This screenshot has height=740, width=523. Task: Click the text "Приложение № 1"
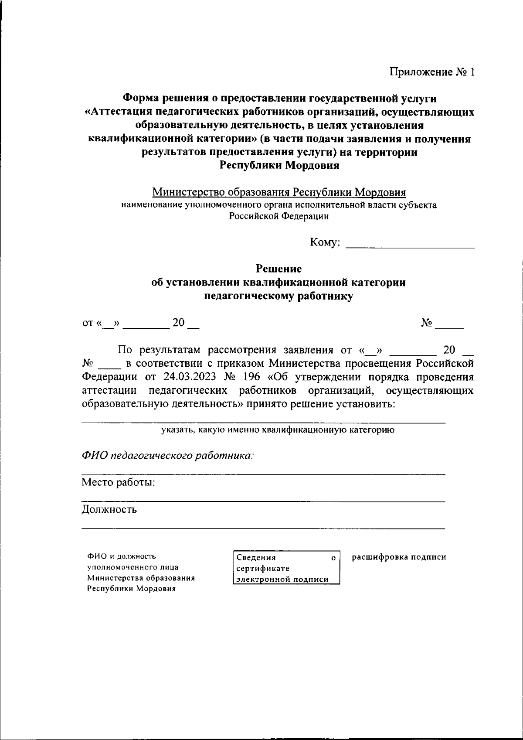point(431,72)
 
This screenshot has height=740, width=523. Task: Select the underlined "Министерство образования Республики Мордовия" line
point(279,192)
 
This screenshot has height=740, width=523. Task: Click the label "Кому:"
point(325,243)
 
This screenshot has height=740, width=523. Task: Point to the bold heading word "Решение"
point(278,269)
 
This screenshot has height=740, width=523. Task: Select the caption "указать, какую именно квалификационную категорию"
point(278,430)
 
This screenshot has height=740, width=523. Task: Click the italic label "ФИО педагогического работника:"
point(168,456)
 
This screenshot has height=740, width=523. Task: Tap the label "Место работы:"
point(119,483)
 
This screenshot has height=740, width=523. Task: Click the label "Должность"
point(109,509)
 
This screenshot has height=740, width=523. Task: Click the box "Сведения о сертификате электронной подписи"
point(286,568)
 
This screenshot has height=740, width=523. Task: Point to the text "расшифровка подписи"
point(399,557)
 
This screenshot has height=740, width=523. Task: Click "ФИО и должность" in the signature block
point(122,556)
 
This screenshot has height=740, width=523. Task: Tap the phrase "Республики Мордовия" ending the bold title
point(279,166)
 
